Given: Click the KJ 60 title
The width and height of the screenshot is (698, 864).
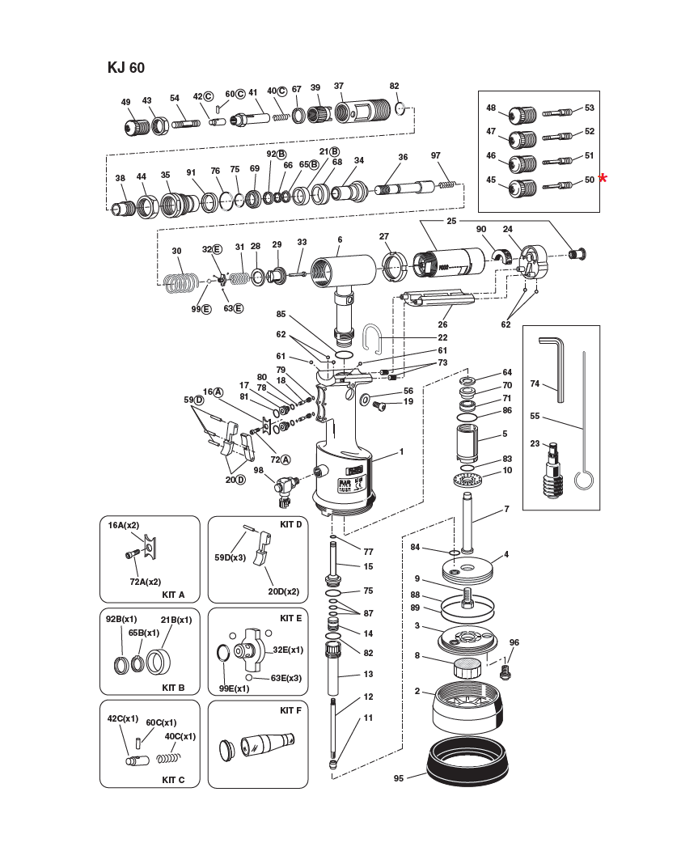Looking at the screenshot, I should (125, 68).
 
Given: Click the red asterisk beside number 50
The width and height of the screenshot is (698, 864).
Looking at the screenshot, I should (603, 179).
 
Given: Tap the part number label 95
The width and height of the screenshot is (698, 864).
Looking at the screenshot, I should (398, 778).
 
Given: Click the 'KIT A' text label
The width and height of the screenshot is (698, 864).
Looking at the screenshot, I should (173, 595).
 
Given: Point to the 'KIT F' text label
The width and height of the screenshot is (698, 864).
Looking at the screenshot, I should (290, 710).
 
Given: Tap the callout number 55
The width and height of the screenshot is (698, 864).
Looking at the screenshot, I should (535, 416).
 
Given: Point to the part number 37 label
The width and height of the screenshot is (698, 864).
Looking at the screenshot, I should (339, 86).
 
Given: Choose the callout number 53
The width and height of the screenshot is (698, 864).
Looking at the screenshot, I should (589, 108).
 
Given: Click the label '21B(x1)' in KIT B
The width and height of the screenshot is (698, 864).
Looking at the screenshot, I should (176, 620).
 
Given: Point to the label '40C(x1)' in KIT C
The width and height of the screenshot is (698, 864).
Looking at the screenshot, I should (180, 736).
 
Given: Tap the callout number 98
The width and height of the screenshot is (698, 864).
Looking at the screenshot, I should (259, 469).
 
